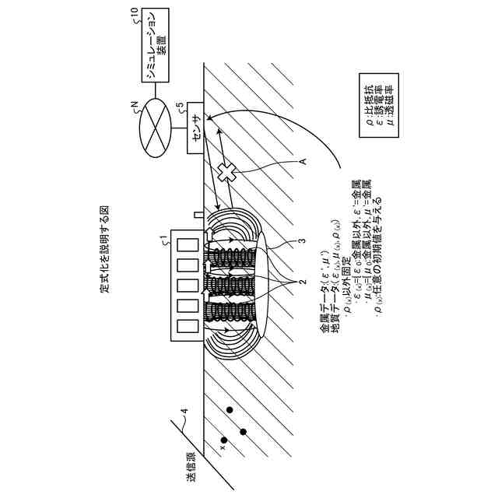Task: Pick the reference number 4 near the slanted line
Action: coord(184,412)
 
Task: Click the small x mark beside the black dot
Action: coord(223,447)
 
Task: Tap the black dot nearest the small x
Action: coord(243,432)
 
